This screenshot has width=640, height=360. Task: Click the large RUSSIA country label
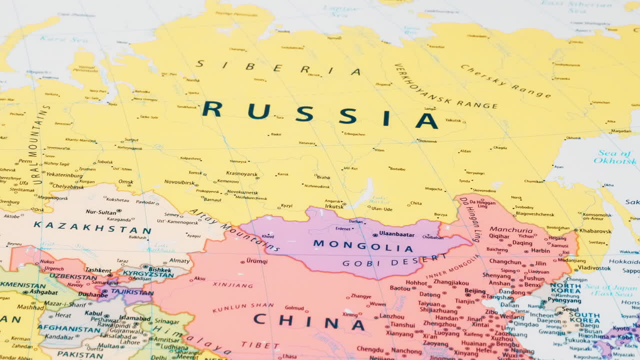[320, 115]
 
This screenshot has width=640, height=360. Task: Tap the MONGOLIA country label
[363, 245]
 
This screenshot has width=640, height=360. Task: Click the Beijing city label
[474, 291]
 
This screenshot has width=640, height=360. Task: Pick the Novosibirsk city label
[179, 182]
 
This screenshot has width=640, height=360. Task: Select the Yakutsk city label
[453, 120]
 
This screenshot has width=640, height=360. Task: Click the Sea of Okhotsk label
[614, 157]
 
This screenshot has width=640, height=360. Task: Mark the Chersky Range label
[505, 81]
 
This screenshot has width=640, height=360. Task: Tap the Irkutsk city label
[334, 206]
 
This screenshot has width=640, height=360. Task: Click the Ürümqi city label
[257, 261]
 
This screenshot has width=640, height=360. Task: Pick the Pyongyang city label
[564, 300]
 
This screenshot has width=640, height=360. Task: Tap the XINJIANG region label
[232, 285]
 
